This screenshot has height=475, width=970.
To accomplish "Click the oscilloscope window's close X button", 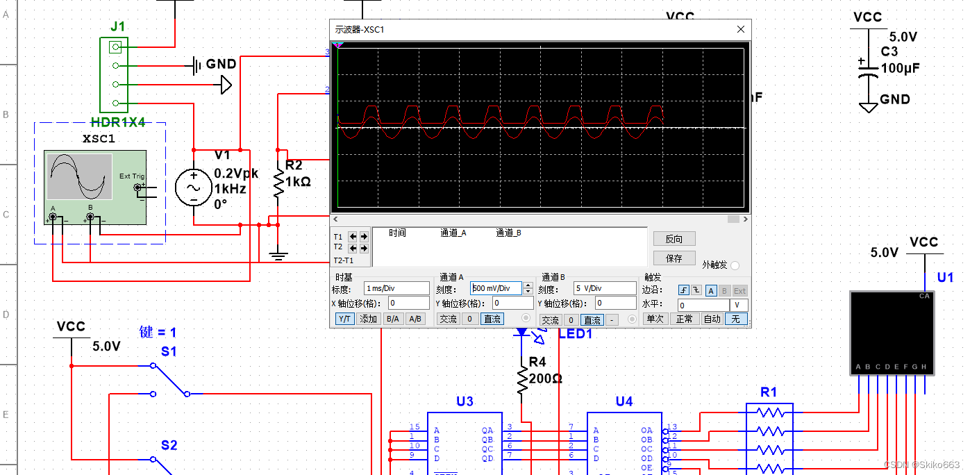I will (741, 29).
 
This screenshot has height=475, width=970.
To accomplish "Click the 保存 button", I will (674, 258).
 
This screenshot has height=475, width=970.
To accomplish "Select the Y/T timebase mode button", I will (344, 319).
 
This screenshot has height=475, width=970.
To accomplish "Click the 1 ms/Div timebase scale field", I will (396, 288).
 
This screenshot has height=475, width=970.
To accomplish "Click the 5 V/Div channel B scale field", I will (603, 288).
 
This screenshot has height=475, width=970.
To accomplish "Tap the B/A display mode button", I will (392, 319).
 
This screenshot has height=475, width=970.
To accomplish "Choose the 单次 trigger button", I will (654, 319).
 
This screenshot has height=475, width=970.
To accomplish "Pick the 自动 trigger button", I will (712, 319).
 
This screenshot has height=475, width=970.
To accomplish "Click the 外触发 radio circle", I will (735, 265).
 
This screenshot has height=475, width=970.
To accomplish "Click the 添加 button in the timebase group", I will (368, 319).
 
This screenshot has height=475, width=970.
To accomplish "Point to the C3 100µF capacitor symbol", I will (865, 70).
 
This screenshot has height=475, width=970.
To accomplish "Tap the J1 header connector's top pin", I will (116, 47).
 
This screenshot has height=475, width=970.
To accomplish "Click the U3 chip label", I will (465, 401).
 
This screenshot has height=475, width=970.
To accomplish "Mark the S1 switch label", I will (169, 352).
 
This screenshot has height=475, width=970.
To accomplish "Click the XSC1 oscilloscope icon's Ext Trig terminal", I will (137, 187).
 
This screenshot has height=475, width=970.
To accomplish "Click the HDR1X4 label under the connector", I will (118, 122).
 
